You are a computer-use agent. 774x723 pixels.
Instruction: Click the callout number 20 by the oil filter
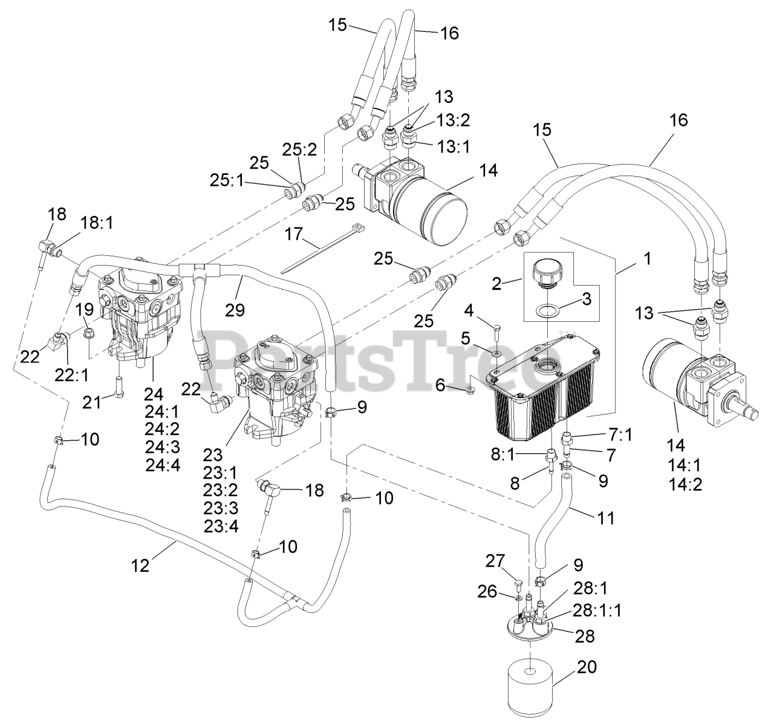click(x=587, y=667)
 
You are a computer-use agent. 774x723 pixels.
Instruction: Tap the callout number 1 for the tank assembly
click(x=647, y=258)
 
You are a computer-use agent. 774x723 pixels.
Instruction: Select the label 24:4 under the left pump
click(x=158, y=465)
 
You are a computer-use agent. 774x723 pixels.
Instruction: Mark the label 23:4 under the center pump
click(x=221, y=526)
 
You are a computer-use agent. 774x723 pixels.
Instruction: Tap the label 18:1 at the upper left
click(x=97, y=223)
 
